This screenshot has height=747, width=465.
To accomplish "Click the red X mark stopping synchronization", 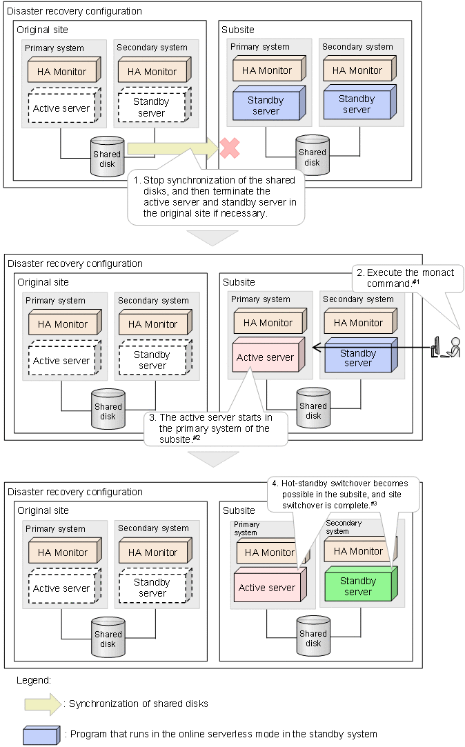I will coord(229,148).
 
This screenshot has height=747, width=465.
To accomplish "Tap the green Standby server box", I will coord(358,585).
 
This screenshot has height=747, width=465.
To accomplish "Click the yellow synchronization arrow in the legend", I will coord(42,704).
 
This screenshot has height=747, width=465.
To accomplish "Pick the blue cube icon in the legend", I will coord(41,735).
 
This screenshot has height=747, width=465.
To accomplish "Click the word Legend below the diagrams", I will coord(34,680).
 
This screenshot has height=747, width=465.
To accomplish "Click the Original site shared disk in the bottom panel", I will coord(108,638).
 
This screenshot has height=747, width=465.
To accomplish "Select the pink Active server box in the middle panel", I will coord(266,357).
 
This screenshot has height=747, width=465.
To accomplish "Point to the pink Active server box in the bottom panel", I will coord(267,587).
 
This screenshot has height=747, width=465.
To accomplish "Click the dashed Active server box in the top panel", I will coord(62,108).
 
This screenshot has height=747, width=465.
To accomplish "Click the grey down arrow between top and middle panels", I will coord(213,237).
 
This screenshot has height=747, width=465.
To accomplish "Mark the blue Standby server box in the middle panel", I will coord(358,357).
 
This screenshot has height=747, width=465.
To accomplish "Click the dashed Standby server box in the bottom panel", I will coord(152,588).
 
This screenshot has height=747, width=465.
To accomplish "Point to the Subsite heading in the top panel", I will coord(238,30).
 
